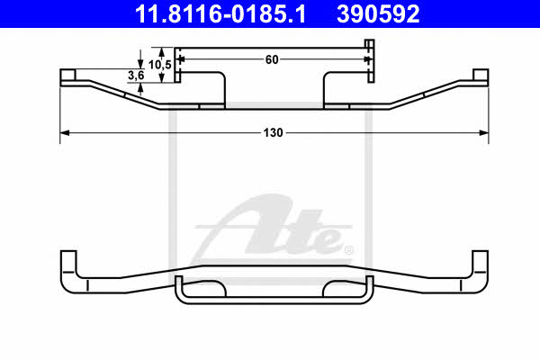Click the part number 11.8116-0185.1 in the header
pos(220,14)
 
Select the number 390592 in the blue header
pos(378,14)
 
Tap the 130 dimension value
pos(273,132)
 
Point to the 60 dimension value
pos(272,59)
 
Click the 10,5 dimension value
pos(160,65)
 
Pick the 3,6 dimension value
pos(136,76)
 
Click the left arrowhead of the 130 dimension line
pos(65,132)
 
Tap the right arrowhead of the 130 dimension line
pos(484,132)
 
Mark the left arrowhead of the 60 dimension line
pos(181,59)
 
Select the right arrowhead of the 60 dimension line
pos(367,59)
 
